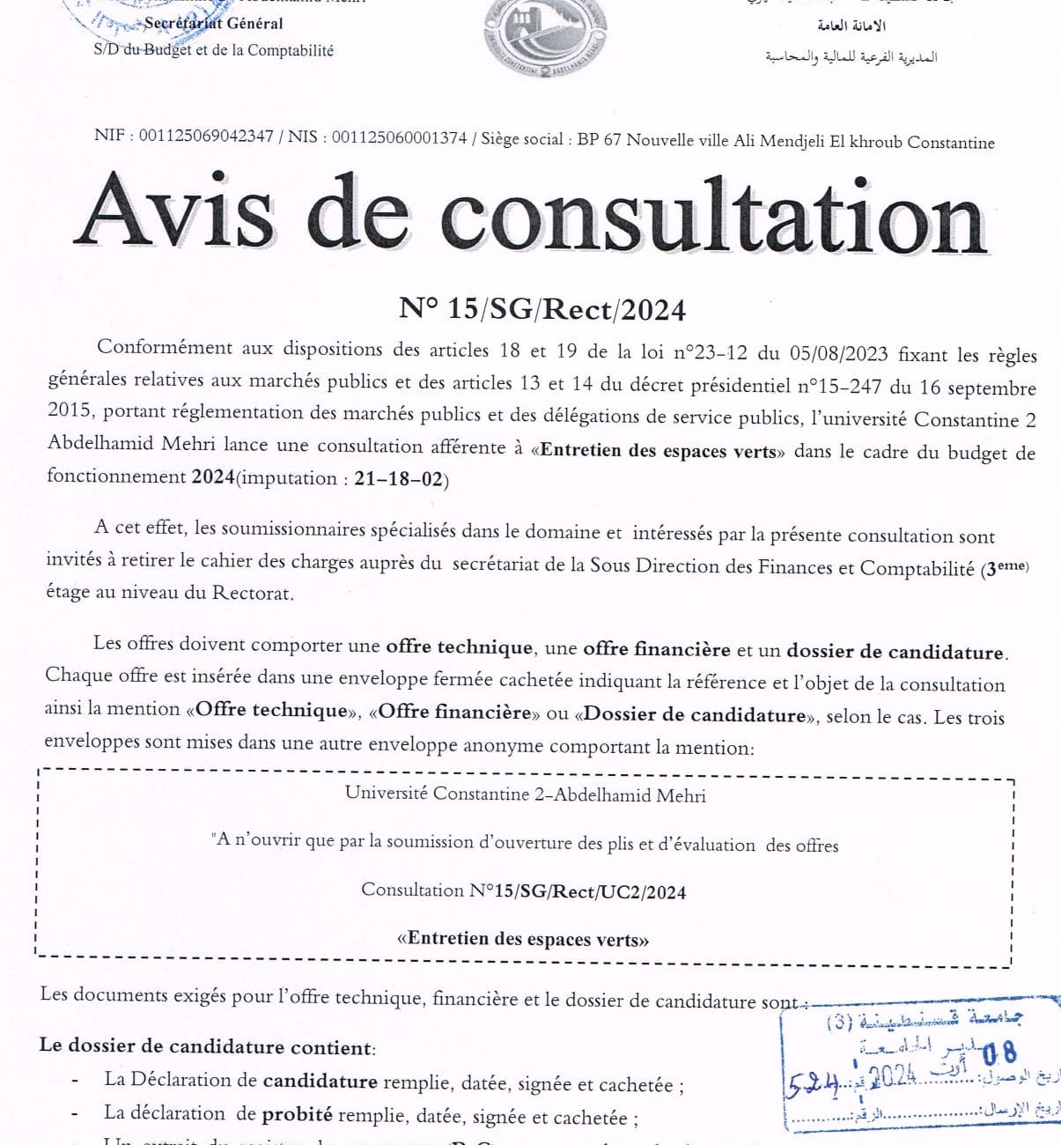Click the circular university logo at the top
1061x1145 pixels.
point(545,38)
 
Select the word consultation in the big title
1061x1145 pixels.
point(712,216)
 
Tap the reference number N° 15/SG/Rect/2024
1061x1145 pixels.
point(542,309)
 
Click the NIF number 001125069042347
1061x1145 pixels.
point(206,137)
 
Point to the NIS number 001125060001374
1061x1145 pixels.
point(399,137)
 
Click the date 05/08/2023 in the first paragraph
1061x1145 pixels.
point(838,354)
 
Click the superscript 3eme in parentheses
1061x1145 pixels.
point(1006,568)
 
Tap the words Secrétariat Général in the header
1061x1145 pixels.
point(214,24)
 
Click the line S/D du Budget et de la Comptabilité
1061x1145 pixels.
point(214,51)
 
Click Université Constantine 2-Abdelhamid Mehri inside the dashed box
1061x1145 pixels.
point(525,794)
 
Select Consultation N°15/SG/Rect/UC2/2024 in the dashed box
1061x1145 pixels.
point(523,891)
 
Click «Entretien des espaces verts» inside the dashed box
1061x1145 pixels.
point(523,939)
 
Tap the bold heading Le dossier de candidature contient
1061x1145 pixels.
point(207,1047)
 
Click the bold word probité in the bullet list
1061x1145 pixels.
point(297,1114)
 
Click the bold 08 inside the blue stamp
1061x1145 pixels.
point(998,1053)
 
